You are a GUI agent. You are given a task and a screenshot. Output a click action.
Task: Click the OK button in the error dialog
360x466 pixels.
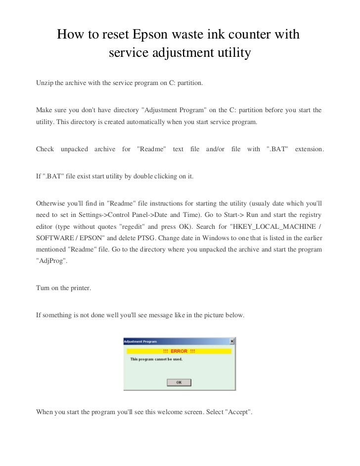click(179, 382)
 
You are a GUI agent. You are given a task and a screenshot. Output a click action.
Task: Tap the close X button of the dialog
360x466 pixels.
click(232, 341)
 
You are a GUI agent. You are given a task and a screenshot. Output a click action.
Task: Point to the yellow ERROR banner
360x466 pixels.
click(179, 351)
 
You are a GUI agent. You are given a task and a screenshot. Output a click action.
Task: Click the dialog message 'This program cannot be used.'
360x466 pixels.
click(156, 359)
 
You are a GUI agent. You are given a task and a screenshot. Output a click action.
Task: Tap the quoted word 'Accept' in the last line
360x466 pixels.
click(238, 412)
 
